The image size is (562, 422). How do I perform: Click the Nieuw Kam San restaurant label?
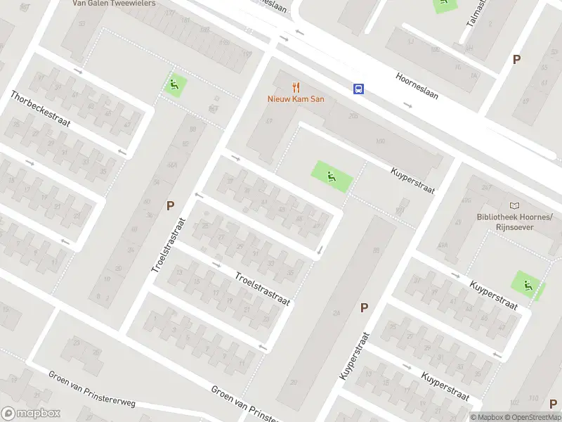(296, 99)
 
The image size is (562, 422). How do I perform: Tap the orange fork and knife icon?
(296, 88)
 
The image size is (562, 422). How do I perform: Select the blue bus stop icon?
(358, 89)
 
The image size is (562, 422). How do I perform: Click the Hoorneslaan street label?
(417, 86)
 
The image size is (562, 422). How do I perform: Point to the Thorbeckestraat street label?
(40, 108)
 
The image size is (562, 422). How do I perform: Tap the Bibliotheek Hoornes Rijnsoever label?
(515, 222)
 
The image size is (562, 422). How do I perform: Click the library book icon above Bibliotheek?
(515, 205)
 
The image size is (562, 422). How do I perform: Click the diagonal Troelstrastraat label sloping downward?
(262, 288)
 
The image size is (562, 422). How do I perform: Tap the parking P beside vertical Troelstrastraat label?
(170, 205)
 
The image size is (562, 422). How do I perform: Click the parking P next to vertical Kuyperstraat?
(364, 307)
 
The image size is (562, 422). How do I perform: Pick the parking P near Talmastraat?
(517, 60)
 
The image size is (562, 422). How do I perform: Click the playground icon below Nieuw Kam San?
(329, 174)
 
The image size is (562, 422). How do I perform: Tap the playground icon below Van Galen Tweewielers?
(174, 85)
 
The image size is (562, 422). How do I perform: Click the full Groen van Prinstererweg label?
(91, 388)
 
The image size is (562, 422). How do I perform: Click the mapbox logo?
(31, 414)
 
